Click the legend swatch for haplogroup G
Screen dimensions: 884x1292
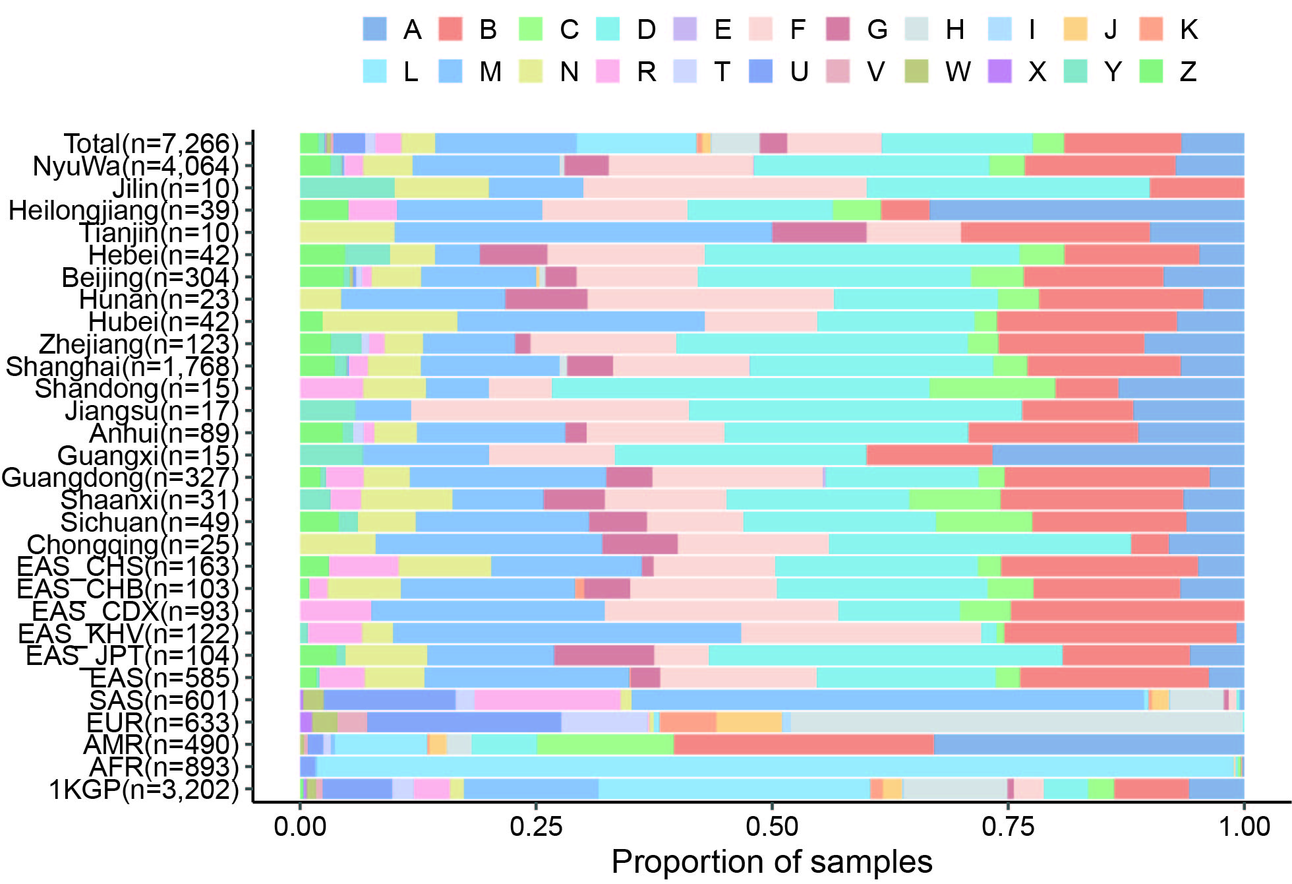pyautogui.click(x=838, y=30)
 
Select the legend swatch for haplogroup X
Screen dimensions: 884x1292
pyautogui.click(x=999, y=71)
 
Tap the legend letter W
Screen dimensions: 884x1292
pyautogui.click(x=957, y=71)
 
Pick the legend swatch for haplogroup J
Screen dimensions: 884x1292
pyautogui.click(x=1075, y=30)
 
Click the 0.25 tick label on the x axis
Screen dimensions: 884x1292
pyautogui.click(x=536, y=827)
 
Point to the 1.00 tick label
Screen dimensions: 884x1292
pyautogui.click(x=1244, y=827)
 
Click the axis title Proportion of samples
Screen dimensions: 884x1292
pyautogui.click(x=772, y=862)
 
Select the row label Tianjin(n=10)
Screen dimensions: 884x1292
pyautogui.click(x=158, y=233)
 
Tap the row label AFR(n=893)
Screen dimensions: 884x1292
pyautogui.click(x=163, y=767)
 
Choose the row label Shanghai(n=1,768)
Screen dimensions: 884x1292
pyautogui.click(x=122, y=367)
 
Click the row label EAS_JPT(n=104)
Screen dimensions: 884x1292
pyautogui.click(x=132, y=656)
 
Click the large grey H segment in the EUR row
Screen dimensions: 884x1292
pyautogui.click(x=1015, y=722)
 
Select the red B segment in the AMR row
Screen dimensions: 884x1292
pyautogui.click(x=804, y=745)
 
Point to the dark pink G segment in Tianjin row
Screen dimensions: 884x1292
pyautogui.click(x=819, y=233)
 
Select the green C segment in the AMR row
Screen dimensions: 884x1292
pyautogui.click(x=605, y=745)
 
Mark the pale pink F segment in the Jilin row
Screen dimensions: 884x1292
pyautogui.click(x=724, y=188)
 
